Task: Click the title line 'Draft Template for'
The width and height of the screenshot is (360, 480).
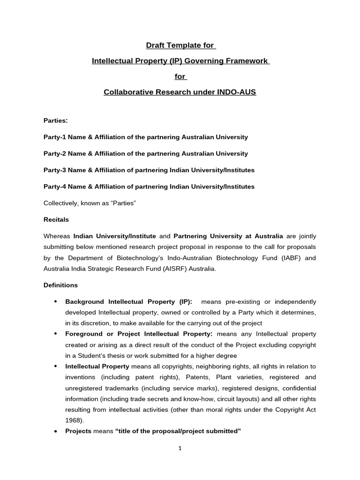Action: pyautogui.click(x=180, y=45)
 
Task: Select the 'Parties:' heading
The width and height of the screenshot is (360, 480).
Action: pyautogui.click(x=56, y=120)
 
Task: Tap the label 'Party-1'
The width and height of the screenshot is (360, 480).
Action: pyautogui.click(x=54, y=137)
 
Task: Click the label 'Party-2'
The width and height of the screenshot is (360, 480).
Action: pyautogui.click(x=54, y=153)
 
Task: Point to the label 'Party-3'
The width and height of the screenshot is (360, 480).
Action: pyautogui.click(x=54, y=170)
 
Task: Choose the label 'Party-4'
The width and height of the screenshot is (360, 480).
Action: pyautogui.click(x=54, y=187)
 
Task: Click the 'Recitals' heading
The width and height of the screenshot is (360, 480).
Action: pyautogui.click(x=56, y=219)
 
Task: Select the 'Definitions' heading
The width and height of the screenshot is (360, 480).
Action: pyautogui.click(x=61, y=285)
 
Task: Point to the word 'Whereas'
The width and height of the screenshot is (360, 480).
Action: pyautogui.click(x=57, y=236)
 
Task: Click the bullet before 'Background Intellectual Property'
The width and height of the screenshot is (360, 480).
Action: pyautogui.click(x=56, y=301)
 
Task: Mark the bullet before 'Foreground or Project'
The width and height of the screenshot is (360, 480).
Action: pyautogui.click(x=56, y=334)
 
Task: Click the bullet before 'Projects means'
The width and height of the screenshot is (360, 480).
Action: pyautogui.click(x=56, y=431)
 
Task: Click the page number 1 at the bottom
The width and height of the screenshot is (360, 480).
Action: pyautogui.click(x=180, y=448)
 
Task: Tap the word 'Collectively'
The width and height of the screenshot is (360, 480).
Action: pyautogui.click(x=62, y=203)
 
